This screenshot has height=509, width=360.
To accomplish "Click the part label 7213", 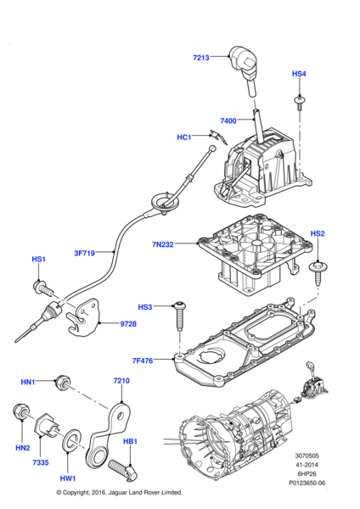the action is (x=200, y=58).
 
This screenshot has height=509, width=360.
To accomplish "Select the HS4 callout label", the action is (x=299, y=74).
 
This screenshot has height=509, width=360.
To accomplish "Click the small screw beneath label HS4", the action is (x=299, y=103).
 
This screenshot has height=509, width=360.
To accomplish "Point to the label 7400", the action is (x=228, y=120).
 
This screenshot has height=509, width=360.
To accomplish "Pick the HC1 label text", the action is (x=184, y=137).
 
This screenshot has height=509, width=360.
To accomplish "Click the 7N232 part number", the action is (x=163, y=244).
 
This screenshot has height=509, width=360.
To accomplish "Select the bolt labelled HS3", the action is (x=179, y=316).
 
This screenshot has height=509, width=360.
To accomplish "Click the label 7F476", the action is (x=143, y=361).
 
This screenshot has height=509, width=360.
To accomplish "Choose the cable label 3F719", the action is (x=84, y=253).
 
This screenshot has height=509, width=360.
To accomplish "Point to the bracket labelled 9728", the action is (x=84, y=316).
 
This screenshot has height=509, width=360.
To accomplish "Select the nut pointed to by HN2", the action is (x=21, y=411).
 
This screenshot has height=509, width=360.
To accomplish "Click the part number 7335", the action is (x=41, y=462).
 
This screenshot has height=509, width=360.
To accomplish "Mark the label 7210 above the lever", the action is (x=121, y=380).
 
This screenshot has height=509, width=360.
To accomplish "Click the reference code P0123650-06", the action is (x=307, y=483).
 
